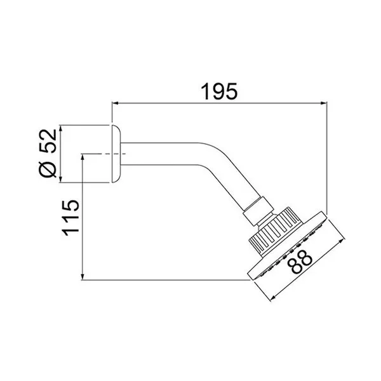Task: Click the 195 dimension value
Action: [218, 91]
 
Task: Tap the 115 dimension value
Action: [70, 218]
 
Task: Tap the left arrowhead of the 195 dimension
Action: [115, 104]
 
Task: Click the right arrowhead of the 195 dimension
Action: [324, 104]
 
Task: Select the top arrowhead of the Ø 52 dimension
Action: [61, 128]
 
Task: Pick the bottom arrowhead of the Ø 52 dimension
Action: [61, 179]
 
